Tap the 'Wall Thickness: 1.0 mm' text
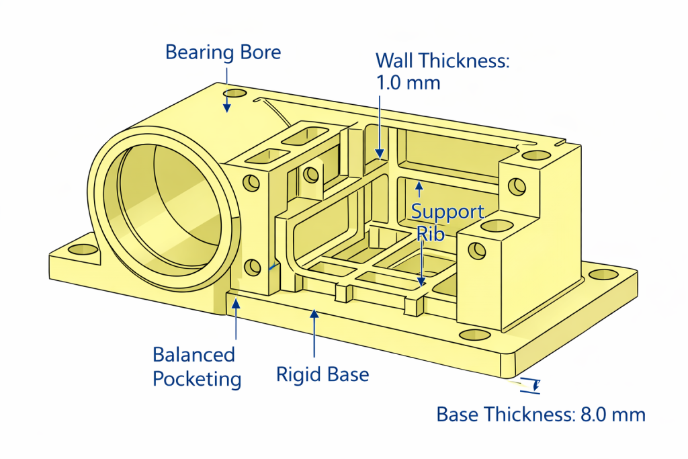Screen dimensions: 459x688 pyautogui.click(x=443, y=71)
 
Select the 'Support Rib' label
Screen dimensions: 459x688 pyautogui.click(x=447, y=222)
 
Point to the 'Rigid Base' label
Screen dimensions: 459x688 pyautogui.click(x=322, y=374)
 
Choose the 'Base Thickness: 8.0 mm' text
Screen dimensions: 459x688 pyautogui.click(x=540, y=415)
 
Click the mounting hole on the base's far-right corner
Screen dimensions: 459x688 pyautogui.click(x=602, y=274)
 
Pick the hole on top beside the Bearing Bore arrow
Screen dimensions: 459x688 pyautogui.click(x=236, y=93)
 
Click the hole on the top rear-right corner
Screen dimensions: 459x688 pyautogui.click(x=535, y=155)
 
